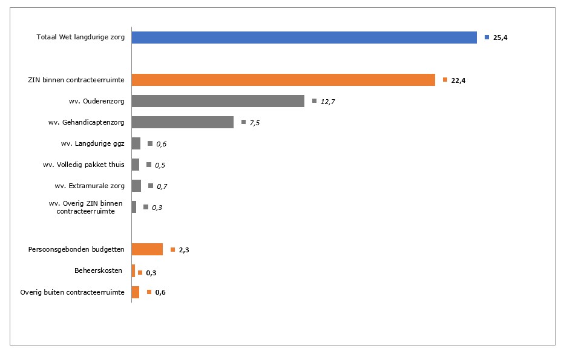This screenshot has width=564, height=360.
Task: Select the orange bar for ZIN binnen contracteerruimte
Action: [x=283, y=80]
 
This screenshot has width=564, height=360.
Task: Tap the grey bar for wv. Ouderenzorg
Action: [x=218, y=101]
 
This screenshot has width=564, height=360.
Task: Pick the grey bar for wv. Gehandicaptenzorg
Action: [x=182, y=122]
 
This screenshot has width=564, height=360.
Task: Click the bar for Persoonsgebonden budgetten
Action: [x=147, y=249]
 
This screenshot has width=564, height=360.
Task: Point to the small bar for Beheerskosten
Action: [x=133, y=271]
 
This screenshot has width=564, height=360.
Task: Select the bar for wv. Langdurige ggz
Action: [x=136, y=143]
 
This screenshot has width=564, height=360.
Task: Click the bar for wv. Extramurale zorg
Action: [x=136, y=186]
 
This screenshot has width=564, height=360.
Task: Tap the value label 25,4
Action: [x=500, y=38]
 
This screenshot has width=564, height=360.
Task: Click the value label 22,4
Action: [x=458, y=80]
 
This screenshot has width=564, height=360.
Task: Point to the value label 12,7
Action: [x=327, y=102]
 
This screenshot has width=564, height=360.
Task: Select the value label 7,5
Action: [x=254, y=123]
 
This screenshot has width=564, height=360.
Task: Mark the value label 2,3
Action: [x=185, y=250]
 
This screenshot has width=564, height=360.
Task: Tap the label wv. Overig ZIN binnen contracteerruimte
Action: [x=86, y=207]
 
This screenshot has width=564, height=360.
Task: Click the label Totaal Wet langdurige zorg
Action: [x=80, y=38]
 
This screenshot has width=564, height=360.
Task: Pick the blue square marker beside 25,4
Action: [x=487, y=38]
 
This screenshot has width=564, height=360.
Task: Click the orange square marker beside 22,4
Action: [x=445, y=80]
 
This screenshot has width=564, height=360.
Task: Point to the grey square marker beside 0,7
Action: [x=151, y=186]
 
